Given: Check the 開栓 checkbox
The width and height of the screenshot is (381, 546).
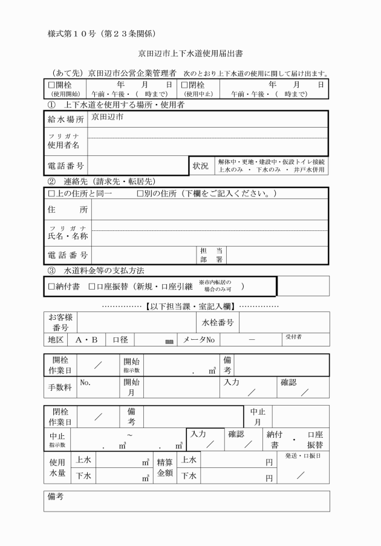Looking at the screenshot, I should (51, 85).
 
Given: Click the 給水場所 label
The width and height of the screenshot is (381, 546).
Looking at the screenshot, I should (66, 120).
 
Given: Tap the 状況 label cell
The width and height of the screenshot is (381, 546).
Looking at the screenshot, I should (200, 166).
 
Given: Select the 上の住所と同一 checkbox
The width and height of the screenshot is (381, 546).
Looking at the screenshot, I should (51, 193).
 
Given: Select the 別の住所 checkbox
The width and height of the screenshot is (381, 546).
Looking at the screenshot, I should (140, 193).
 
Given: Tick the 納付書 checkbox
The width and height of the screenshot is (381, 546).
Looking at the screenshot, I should (51, 286).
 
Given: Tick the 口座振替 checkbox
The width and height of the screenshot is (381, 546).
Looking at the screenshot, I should (92, 286).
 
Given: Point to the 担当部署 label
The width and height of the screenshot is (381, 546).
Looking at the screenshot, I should (207, 255).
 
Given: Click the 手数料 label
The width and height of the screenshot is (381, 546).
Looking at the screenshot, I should (60, 386).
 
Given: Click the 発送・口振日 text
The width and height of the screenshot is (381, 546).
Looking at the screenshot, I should (302, 455).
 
